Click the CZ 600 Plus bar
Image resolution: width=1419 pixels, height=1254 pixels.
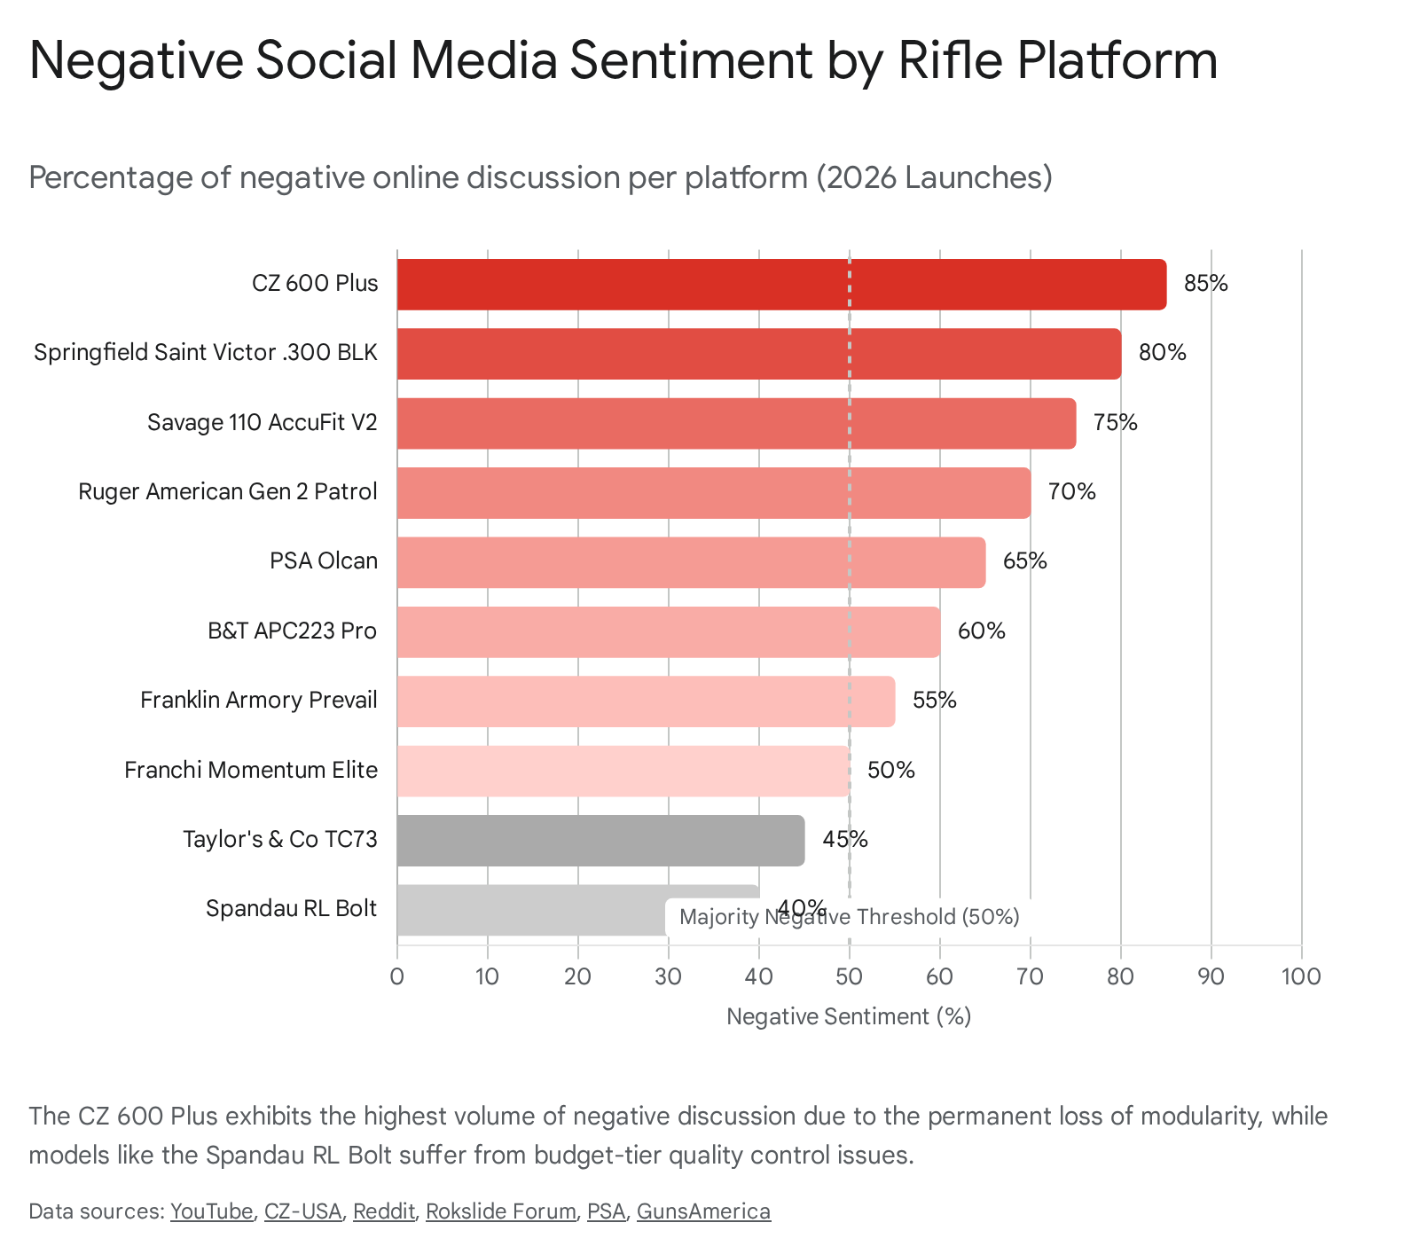click(780, 285)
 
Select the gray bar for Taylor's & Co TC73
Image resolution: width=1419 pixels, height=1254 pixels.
click(600, 841)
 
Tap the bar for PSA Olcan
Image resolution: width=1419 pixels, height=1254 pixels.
click(691, 562)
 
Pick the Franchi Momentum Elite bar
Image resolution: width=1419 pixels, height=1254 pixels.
click(623, 771)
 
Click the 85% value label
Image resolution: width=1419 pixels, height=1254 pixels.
click(1205, 284)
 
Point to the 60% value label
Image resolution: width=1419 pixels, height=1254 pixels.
click(981, 631)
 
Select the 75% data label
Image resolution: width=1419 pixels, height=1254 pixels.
click(1115, 422)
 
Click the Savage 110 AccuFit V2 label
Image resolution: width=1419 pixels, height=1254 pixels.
click(262, 422)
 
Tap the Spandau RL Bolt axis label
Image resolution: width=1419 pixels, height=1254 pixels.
click(291, 909)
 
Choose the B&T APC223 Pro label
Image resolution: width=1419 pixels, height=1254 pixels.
click(292, 631)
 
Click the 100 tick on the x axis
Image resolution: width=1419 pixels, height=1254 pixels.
click(1301, 976)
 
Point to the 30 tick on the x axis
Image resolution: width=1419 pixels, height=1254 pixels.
click(668, 976)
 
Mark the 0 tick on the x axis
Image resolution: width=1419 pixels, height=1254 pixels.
click(396, 976)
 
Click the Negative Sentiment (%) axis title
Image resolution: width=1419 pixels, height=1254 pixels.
click(849, 1016)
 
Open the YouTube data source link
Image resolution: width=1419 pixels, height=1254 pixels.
click(211, 1211)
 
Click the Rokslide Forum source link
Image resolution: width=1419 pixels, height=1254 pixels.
click(500, 1211)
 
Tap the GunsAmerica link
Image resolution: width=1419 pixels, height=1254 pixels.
click(703, 1211)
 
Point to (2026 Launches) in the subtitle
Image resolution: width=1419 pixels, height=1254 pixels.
click(933, 177)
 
